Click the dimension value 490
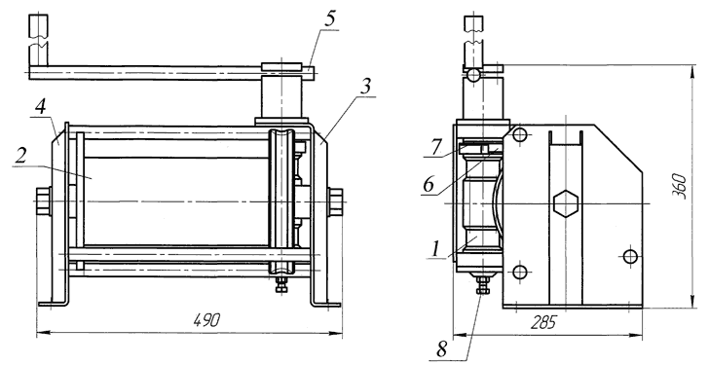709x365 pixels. point(207,320)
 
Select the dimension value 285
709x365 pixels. point(544,322)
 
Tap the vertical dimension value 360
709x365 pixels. point(679,186)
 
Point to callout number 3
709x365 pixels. point(365,89)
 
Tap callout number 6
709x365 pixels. point(428,184)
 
